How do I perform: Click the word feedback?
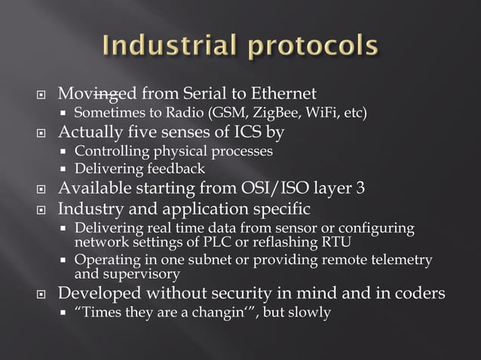(x=174, y=169)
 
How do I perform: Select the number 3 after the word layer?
(x=360, y=188)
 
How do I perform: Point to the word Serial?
(x=191, y=94)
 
